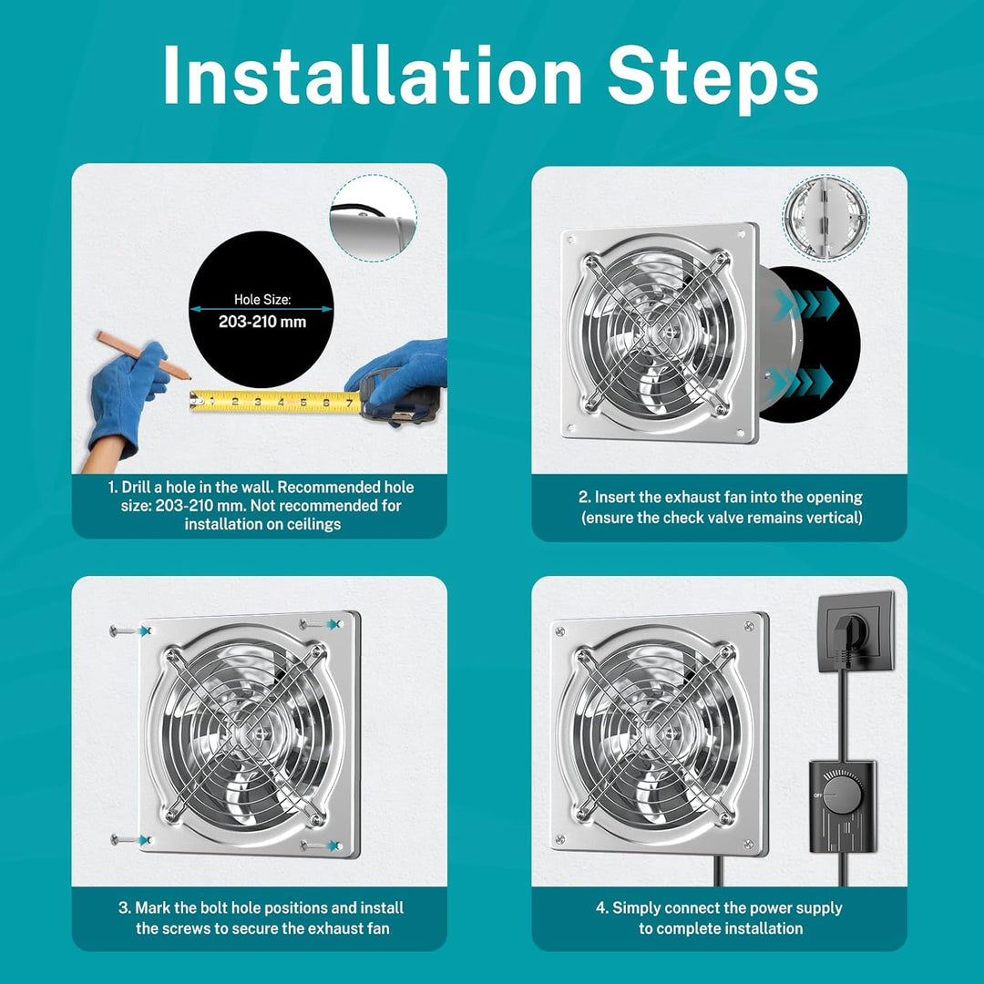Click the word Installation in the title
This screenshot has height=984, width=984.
(x=373, y=76)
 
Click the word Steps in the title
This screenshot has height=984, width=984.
(x=712, y=77)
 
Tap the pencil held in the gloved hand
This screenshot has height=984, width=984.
(x=143, y=355)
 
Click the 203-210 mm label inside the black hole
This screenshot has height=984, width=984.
(x=262, y=322)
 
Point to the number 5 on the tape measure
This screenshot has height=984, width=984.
(x=303, y=402)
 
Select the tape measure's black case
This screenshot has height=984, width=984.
(x=395, y=398)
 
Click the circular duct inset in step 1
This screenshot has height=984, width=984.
(x=374, y=219)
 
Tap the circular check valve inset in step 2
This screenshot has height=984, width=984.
(x=825, y=217)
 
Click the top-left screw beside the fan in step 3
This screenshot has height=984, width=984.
(x=129, y=630)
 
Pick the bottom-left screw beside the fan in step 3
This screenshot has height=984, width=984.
(x=130, y=840)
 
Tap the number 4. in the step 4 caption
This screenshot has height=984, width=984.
(x=602, y=907)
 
